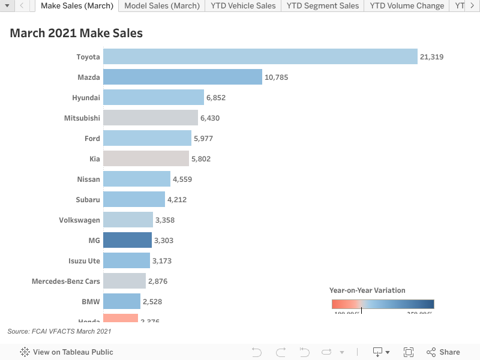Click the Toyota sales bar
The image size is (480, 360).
point(260,56)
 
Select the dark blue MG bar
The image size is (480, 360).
point(127,240)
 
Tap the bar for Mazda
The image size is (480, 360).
point(182,77)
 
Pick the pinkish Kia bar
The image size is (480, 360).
point(146,158)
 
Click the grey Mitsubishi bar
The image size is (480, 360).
point(150,118)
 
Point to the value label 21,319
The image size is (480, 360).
point(432,57)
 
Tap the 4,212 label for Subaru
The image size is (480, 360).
point(177,200)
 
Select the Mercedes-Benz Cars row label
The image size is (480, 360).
point(66,281)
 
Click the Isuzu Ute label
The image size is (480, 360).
point(84,260)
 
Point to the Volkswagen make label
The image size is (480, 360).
point(79,220)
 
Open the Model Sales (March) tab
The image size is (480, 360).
point(162,6)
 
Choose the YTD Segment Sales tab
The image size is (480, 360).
point(323,6)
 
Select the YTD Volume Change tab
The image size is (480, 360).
point(407,6)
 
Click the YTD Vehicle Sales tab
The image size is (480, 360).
point(243,6)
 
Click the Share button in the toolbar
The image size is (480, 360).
point(443,352)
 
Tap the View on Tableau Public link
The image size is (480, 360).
point(67,352)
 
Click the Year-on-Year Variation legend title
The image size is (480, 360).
point(367,290)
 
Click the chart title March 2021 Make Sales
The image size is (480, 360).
point(76,33)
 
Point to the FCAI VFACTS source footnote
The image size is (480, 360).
point(59,331)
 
